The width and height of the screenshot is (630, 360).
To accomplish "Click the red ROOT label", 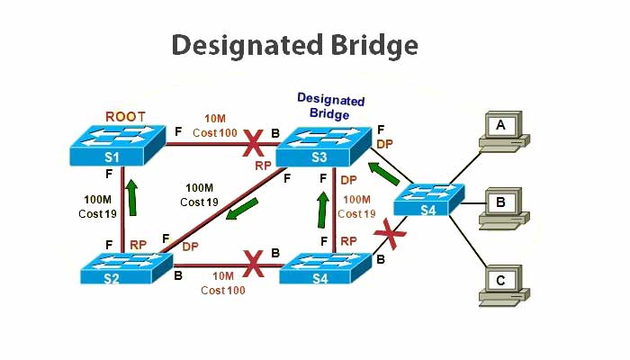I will point(125,116).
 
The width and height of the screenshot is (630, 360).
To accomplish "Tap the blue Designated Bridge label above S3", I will point(330,104).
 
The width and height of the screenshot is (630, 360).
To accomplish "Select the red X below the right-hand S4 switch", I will point(390,234).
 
